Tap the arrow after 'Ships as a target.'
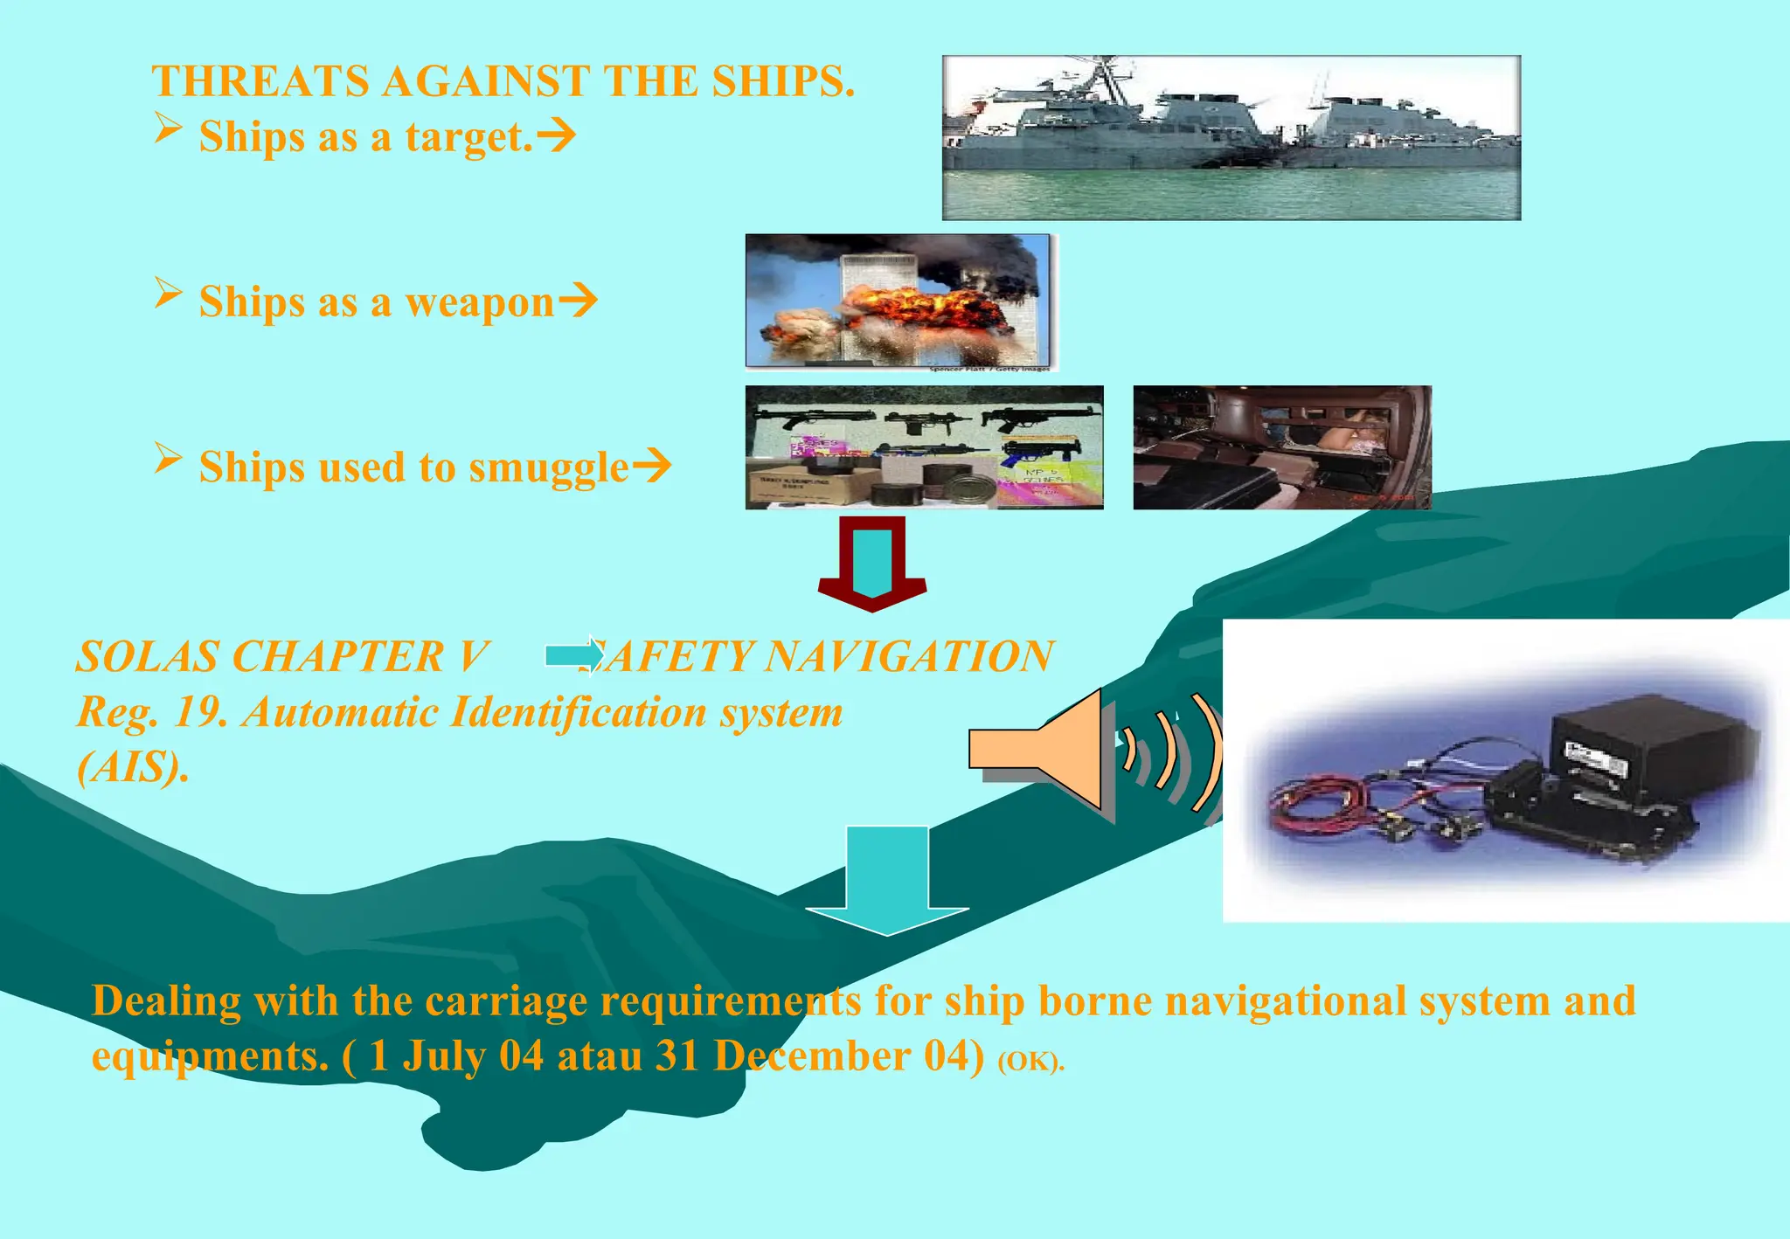[556, 135]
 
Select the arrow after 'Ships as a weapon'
[578, 301]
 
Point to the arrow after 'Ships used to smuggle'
[652, 466]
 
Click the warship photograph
[1231, 137]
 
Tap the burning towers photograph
[898, 301]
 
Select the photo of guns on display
[924, 447]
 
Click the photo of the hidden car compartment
[1282, 447]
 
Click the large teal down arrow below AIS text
[886, 878]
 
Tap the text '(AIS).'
[133, 767]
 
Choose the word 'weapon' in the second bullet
[480, 302]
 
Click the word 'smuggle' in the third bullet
[549, 467]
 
